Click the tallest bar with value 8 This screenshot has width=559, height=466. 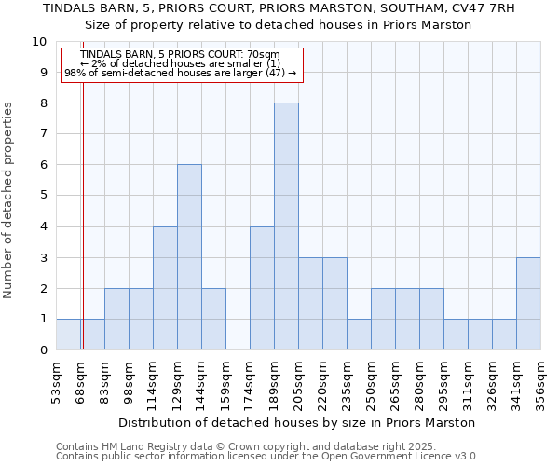tap(286, 226)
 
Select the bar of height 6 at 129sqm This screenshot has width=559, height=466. tap(189, 257)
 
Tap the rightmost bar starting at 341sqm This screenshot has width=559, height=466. tap(528, 304)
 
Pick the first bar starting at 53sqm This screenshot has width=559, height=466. tap(68, 335)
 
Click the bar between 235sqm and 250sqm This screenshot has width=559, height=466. tap(359, 335)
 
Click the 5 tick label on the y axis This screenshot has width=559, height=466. tap(43, 196)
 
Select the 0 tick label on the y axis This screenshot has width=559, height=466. tap(43, 350)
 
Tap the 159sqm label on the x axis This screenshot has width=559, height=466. tap(226, 382)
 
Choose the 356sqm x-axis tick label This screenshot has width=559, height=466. tap(541, 382)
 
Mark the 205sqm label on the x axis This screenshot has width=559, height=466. tap(299, 382)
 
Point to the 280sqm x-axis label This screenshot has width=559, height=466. tap(420, 382)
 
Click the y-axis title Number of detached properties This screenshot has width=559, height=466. tap(9, 201)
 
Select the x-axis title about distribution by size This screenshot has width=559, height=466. tap(298, 422)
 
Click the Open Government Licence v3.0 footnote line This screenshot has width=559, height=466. tap(267, 456)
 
